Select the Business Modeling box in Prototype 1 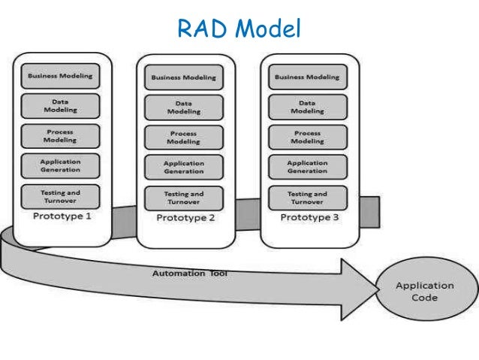tap(61, 76)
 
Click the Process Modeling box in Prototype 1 tap(61, 136)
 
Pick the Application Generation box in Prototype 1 tap(61, 166)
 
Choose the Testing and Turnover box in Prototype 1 tap(61, 196)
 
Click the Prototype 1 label tap(61, 216)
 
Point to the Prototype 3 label tap(309, 217)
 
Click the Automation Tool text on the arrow tap(190, 274)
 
